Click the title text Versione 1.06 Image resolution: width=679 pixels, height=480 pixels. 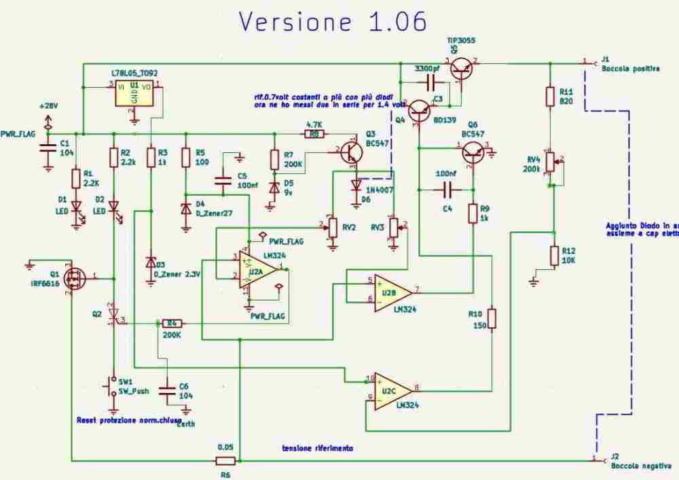(x=332, y=22)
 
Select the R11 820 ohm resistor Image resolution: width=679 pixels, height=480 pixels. (x=551, y=97)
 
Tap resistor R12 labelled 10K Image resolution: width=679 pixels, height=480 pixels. (x=554, y=256)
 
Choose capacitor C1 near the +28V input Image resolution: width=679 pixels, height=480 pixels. (x=47, y=151)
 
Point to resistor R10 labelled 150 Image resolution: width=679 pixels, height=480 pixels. (x=492, y=318)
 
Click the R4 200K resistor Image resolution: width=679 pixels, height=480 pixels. (x=172, y=323)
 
